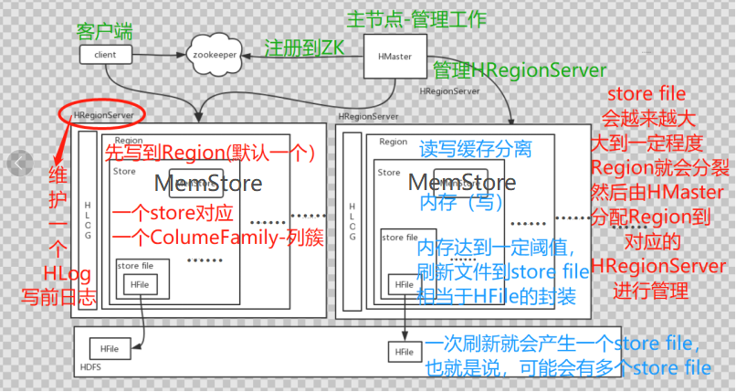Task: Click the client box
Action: tap(105, 55)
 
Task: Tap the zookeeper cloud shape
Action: tap(219, 55)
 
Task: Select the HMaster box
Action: tap(393, 55)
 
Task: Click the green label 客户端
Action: tap(104, 30)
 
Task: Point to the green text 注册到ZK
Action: tap(303, 48)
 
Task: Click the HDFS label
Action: tap(90, 368)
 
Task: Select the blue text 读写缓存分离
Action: tap(475, 149)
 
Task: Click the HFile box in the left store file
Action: tap(140, 284)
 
